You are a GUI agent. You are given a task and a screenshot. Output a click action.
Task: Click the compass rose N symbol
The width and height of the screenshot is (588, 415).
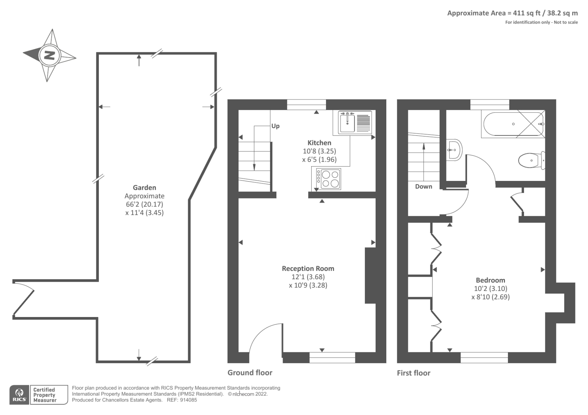point(49,56)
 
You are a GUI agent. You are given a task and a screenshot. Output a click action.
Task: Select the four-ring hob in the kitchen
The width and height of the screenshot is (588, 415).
point(329,179)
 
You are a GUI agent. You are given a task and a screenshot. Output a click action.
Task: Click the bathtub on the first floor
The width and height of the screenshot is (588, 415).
point(513,124)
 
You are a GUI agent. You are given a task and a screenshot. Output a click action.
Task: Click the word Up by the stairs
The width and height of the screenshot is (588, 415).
point(275,126)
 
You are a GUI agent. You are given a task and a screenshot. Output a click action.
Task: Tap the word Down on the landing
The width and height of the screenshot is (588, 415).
point(423,186)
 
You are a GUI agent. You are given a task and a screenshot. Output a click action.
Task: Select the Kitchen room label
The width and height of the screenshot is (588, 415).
point(319,143)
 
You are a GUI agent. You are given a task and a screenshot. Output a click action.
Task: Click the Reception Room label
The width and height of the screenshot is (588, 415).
point(308,269)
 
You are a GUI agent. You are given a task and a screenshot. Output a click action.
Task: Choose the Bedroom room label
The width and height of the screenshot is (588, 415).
point(490,280)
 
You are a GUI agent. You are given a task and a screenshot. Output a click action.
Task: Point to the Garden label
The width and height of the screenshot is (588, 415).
point(144,188)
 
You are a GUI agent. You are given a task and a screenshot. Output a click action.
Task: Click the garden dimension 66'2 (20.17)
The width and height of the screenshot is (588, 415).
point(144,204)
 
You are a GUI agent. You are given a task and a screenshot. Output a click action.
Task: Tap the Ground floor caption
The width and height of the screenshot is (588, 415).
point(250,373)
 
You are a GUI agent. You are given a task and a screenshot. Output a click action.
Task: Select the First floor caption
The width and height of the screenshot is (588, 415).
point(413,373)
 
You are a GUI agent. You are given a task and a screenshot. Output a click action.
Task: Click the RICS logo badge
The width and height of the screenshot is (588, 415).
point(19,395)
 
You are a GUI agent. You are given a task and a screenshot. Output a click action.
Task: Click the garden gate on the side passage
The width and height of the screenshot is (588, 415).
point(24,298)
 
